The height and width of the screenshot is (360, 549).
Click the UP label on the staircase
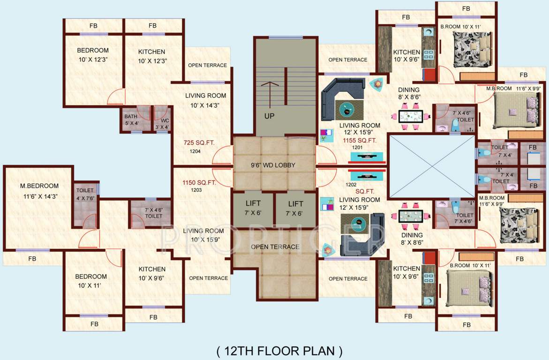pos(269,116)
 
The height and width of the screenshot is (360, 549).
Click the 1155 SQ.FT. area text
pos(360,140)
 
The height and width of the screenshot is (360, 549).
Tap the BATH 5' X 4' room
pos(131,120)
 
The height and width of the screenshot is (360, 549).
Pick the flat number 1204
pos(196,151)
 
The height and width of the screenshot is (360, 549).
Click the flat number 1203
pos(196,190)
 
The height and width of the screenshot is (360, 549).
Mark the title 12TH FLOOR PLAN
pos(279,350)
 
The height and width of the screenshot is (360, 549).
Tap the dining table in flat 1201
pos(410,116)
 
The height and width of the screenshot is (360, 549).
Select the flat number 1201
pos(358,148)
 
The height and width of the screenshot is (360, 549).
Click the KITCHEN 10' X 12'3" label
pos(152,56)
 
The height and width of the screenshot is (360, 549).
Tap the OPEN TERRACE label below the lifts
pos(275,247)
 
